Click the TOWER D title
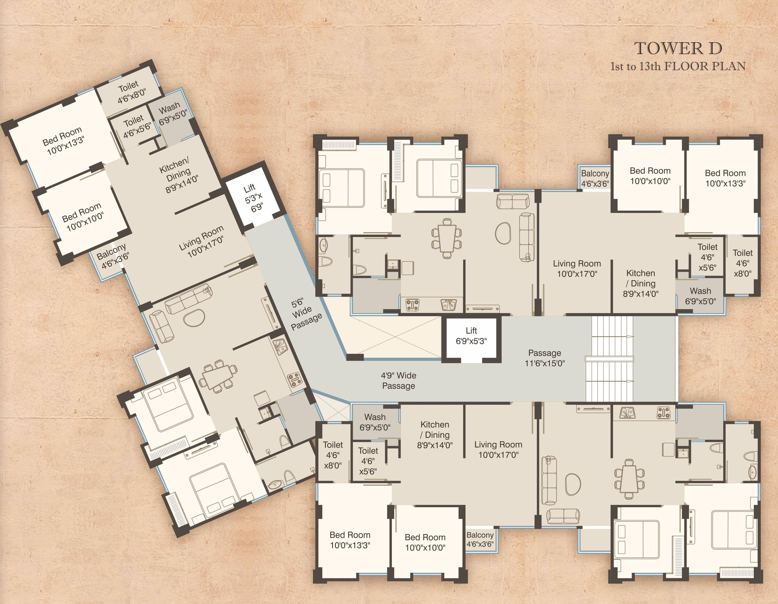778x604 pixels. point(678,48)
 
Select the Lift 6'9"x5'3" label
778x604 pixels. point(471,336)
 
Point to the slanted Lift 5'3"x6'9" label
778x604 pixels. point(254,198)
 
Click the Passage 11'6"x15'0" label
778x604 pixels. point(545,358)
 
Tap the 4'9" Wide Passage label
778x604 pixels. point(399,380)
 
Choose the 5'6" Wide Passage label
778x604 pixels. point(305,313)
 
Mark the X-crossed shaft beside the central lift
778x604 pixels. point(395,337)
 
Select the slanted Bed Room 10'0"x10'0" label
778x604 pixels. point(83,217)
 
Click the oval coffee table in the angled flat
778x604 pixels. point(194,317)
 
